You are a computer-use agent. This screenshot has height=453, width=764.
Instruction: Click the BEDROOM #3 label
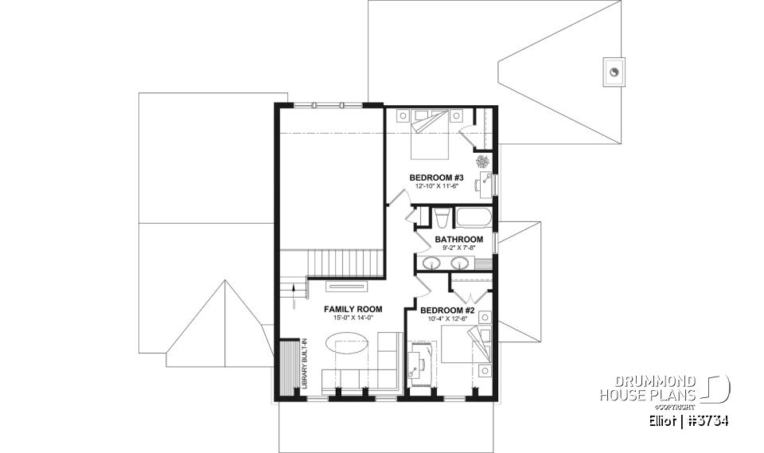(435, 177)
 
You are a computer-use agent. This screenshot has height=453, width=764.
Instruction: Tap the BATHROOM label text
(458, 239)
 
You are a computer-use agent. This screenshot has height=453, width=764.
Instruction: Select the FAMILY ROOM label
(353, 309)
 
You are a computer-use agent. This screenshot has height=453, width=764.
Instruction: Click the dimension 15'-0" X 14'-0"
(353, 318)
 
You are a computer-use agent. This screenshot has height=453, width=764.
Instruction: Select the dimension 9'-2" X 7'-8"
(458, 248)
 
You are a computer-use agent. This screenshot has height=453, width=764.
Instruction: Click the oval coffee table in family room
(348, 348)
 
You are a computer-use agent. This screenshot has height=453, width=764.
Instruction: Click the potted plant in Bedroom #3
(483, 161)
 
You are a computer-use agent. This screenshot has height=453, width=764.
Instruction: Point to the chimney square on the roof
(615, 71)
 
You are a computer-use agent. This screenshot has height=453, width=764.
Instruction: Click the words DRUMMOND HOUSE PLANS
(649, 387)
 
